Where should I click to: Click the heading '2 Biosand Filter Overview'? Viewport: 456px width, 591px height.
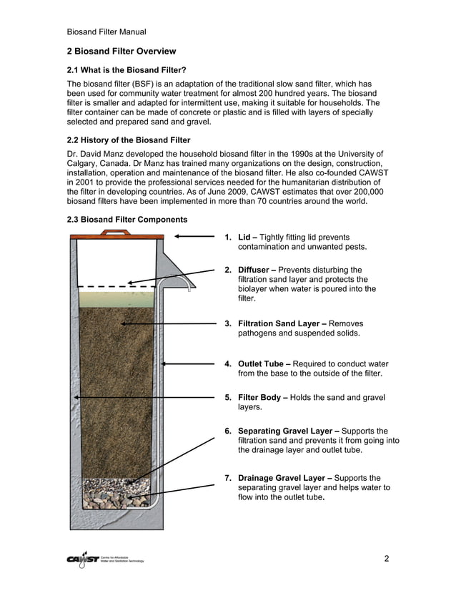pyautogui.click(x=121, y=52)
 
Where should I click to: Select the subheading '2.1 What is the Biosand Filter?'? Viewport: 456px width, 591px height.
pyautogui.click(x=127, y=69)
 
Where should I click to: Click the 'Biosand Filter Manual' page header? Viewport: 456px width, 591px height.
pyautogui.click(x=106, y=31)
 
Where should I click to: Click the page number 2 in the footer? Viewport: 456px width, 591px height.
pyautogui.click(x=386, y=559)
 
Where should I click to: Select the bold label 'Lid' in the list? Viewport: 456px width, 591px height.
pyautogui.click(x=244, y=237)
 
